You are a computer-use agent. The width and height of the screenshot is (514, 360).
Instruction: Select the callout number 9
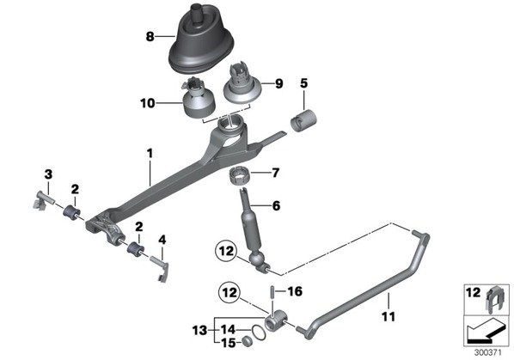coord(278,83)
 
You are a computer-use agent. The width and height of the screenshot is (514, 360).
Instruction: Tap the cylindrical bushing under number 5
coord(303,121)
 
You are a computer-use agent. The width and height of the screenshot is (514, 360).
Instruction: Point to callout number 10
coord(148,103)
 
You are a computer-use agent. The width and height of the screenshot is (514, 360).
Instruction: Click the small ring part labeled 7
coord(239,176)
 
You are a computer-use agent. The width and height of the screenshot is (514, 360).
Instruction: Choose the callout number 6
coord(277,205)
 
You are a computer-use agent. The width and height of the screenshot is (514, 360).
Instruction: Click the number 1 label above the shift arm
coord(150,153)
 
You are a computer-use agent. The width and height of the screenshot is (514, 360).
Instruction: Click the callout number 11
coord(389,316)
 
